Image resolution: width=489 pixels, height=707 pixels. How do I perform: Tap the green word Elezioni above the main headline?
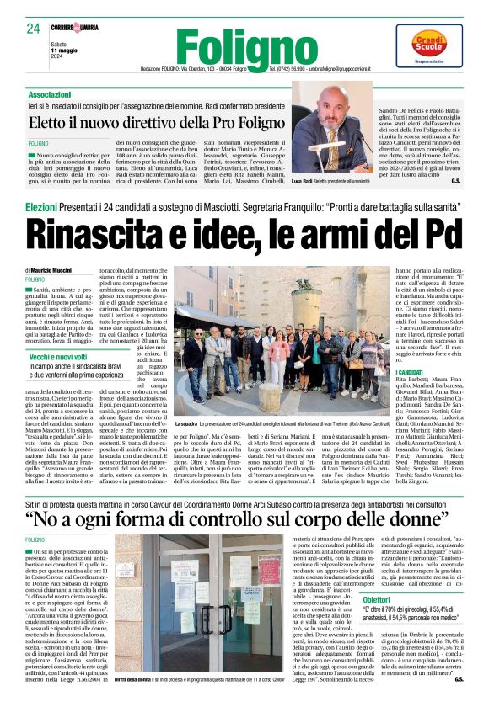pyautogui.click(x=41, y=206)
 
